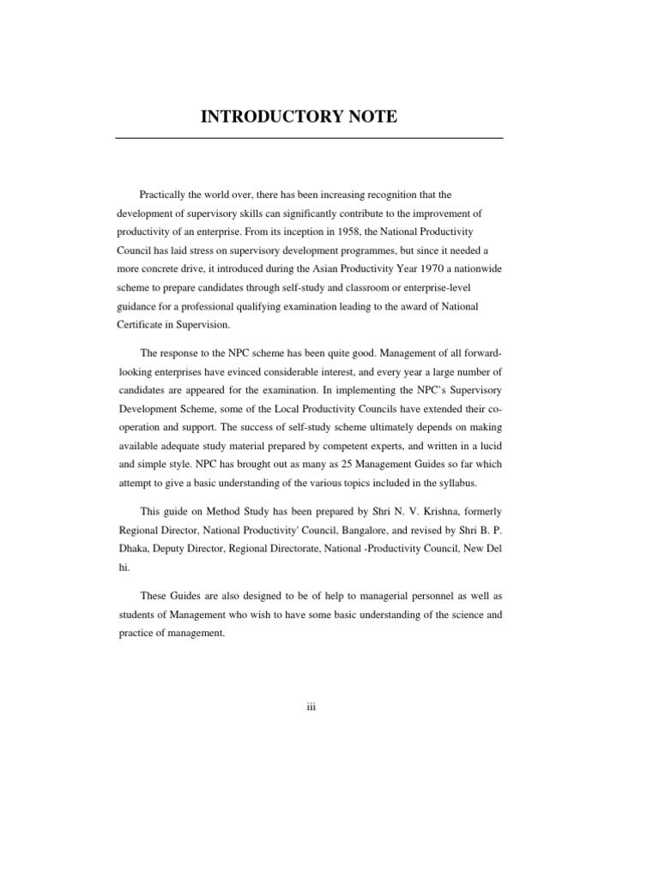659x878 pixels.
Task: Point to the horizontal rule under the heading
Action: [x=309, y=138]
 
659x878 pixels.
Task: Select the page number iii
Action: [x=311, y=707]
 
